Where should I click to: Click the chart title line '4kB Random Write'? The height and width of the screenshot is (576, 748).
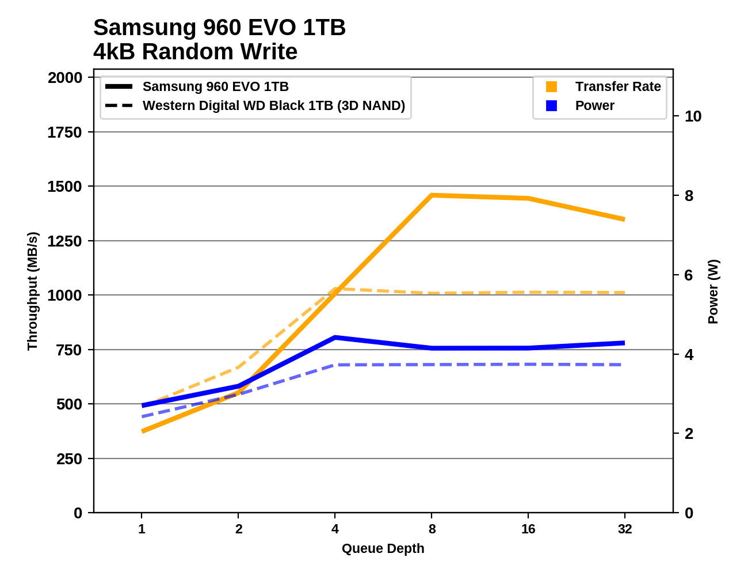click(x=195, y=52)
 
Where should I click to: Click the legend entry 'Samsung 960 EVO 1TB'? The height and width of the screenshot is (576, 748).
click(x=215, y=86)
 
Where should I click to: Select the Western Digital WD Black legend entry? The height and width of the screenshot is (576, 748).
click(x=273, y=105)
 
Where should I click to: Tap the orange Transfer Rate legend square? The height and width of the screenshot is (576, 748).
click(x=551, y=86)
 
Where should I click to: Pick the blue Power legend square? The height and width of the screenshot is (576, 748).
click(x=551, y=105)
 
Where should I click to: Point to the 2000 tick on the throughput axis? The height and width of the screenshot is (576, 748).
click(x=65, y=78)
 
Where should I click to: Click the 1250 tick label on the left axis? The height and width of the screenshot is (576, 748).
click(x=65, y=241)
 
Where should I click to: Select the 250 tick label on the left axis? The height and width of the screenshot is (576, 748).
click(x=69, y=459)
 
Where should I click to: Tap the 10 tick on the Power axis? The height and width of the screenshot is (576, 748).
click(x=693, y=116)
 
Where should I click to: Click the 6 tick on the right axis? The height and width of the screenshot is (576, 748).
click(x=689, y=275)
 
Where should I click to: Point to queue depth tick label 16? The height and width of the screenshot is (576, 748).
click(x=528, y=529)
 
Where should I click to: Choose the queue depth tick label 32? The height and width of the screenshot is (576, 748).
click(x=625, y=529)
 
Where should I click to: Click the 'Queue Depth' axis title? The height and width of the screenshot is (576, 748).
click(x=383, y=548)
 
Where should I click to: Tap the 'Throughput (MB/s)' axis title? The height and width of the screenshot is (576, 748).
click(x=32, y=291)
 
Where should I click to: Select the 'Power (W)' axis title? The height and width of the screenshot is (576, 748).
click(x=713, y=291)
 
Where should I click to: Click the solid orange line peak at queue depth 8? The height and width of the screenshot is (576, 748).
click(x=432, y=195)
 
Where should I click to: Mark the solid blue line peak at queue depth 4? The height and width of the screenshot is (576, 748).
click(x=335, y=338)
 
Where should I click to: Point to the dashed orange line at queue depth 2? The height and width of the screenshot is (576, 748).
click(x=238, y=367)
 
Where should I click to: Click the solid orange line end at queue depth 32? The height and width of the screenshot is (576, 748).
click(x=624, y=219)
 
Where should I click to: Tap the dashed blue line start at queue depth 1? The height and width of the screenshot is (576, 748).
click(x=142, y=416)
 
